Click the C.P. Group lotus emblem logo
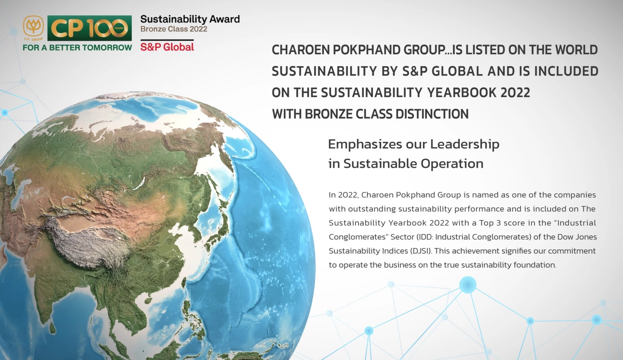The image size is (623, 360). click(x=33, y=27)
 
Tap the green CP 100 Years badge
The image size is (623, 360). click(x=89, y=28)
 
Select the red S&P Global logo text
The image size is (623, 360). click(x=167, y=47)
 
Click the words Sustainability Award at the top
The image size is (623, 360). click(x=190, y=19)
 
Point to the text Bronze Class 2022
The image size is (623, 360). click(x=174, y=29)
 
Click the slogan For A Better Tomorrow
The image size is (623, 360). click(x=77, y=47)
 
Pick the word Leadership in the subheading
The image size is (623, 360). click(x=465, y=144)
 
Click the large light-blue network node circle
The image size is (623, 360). click(x=468, y=285)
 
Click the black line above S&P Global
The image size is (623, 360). click(x=167, y=40)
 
